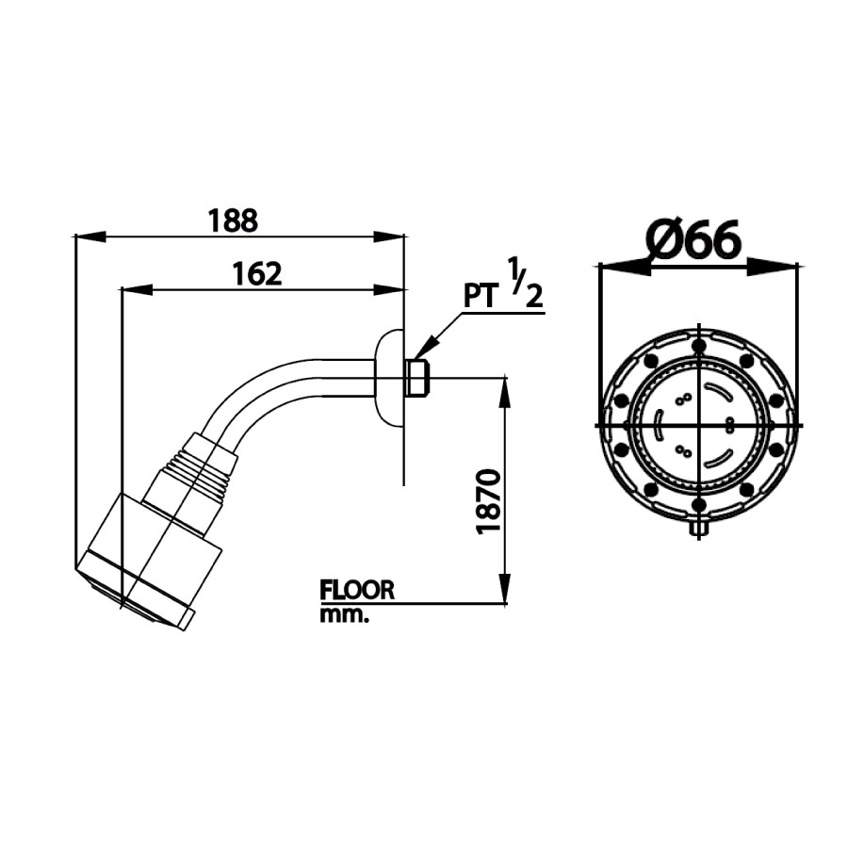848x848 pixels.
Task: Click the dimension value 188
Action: pos(232,220)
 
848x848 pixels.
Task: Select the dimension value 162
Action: pos(257,273)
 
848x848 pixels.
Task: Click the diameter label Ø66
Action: pos(695,240)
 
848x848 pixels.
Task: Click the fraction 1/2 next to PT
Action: pos(526,282)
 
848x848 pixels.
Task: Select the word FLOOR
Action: pos(357,591)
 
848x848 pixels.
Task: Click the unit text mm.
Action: pos(343,615)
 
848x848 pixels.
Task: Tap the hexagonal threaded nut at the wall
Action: pos(417,378)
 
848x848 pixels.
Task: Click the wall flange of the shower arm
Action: pos(387,376)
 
